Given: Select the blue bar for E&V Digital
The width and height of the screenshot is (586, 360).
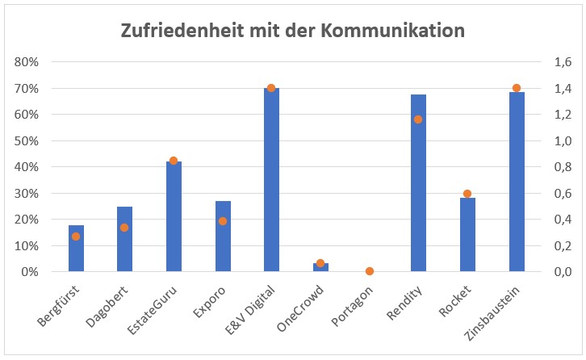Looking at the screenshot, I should (x=271, y=180).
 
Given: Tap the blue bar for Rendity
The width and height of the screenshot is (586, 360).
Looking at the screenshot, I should (x=418, y=183).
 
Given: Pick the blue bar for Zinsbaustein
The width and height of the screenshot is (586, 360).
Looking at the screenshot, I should (x=517, y=182).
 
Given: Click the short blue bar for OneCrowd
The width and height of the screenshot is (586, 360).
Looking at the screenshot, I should (x=320, y=267).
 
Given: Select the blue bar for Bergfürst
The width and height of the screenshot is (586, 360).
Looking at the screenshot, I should (x=76, y=249).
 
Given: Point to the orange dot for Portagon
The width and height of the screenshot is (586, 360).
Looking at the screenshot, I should (x=370, y=271).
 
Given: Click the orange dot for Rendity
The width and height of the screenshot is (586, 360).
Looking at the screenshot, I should (x=418, y=119).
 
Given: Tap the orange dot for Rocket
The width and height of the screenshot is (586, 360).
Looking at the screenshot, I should (x=467, y=194).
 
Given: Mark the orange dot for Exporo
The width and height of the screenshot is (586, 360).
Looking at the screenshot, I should (x=223, y=221).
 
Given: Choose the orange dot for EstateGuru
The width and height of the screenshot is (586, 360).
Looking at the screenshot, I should (x=174, y=161).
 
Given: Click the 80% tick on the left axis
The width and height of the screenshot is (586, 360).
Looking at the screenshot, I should (x=27, y=62).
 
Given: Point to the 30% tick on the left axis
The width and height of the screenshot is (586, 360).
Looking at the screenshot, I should (x=27, y=194).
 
